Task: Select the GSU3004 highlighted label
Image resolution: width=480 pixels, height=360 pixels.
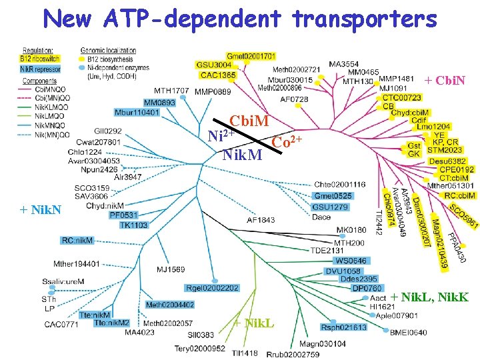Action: tap(214, 65)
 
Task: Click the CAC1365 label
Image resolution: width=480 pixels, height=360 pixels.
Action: tap(217, 75)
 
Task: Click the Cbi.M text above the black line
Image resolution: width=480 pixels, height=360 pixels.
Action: tap(249, 122)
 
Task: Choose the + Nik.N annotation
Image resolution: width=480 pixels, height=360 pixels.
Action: tap(41, 211)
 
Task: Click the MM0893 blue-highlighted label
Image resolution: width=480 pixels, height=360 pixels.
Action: tap(159, 103)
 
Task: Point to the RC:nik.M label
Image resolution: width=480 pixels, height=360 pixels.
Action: tap(77, 240)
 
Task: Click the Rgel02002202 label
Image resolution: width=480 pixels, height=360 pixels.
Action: tap(213, 288)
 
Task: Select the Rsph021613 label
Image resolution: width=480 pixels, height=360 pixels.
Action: tap(344, 327)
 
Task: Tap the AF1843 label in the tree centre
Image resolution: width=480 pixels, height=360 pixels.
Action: tap(261, 220)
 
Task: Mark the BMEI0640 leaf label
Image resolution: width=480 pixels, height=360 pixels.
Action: tap(408, 332)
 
